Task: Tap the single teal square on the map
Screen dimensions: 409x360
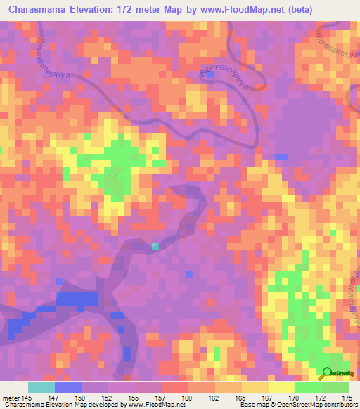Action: pos(155,246)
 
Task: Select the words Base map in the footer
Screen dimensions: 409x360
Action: pos(251,405)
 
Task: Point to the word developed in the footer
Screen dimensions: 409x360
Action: pos(100,405)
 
